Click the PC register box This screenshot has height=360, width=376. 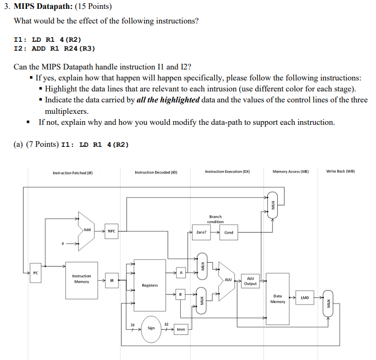click(36, 273)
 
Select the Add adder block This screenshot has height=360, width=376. click(86, 229)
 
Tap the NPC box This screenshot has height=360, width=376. click(111, 230)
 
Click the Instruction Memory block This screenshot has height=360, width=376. click(81, 280)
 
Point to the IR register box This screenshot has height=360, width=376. click(111, 281)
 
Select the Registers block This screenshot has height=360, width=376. click(150, 285)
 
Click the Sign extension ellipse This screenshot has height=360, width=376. click(151, 329)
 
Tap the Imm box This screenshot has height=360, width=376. click(180, 329)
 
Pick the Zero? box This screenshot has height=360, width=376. click(201, 233)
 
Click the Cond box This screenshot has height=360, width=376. click(229, 233)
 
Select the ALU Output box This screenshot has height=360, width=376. click(250, 281)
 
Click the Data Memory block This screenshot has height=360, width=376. click(277, 298)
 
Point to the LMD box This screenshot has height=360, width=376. click(304, 298)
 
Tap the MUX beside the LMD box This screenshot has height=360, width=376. click(328, 302)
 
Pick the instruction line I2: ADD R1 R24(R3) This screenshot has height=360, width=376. click(54, 49)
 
